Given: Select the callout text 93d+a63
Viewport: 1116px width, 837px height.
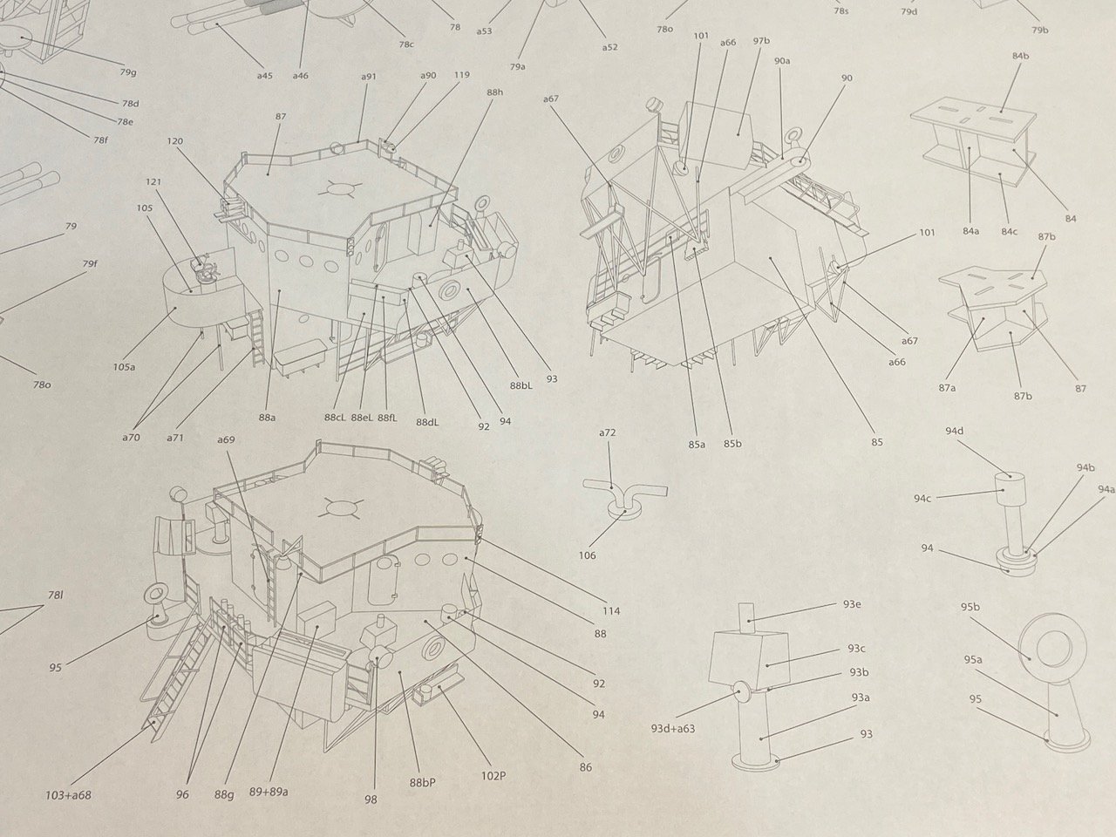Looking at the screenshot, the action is point(672,729).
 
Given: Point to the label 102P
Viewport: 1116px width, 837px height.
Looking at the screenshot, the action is point(493,777).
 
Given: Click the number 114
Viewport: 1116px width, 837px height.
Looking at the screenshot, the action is point(611,611).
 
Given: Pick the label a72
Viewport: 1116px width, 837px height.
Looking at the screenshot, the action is point(607,432).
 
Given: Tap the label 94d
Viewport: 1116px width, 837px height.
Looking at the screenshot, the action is point(955,431).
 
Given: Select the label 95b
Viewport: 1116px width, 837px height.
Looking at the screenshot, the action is point(970,607).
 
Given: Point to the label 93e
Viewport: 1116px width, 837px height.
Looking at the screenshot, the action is point(852,604).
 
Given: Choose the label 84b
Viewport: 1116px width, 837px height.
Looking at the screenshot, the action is point(1020,56).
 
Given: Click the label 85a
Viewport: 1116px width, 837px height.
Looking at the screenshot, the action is point(697,444).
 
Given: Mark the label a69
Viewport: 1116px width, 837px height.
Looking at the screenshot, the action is point(226,439).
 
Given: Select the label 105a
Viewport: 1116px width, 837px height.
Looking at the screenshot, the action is point(124,366).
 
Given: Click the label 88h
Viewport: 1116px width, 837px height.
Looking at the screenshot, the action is point(494,92).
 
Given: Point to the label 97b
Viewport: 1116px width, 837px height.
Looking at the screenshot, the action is point(761,41).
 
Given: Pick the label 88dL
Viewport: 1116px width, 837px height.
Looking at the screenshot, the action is point(427,422).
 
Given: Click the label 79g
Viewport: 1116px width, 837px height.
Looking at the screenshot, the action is point(128,72).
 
